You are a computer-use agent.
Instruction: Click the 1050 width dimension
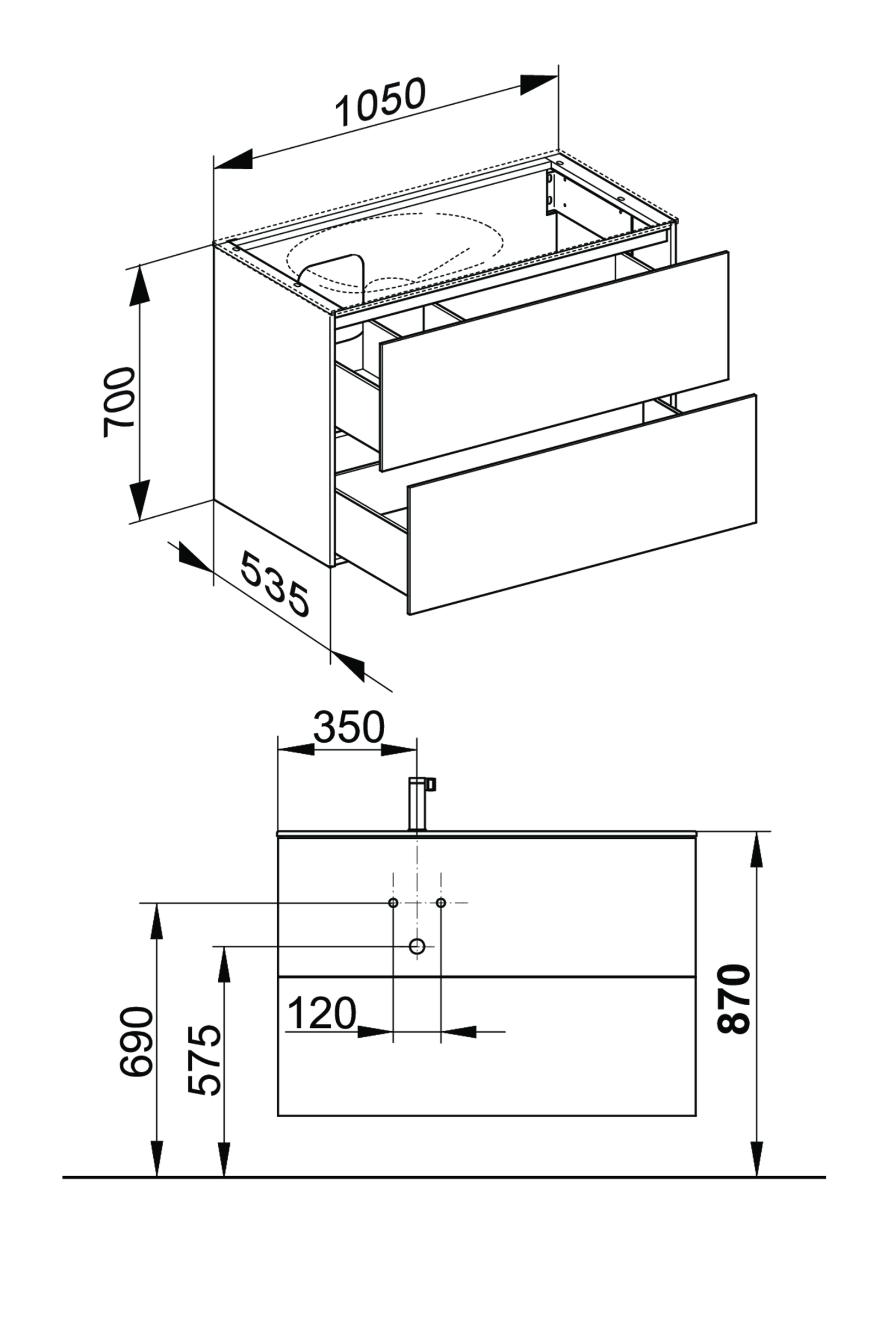click(380, 103)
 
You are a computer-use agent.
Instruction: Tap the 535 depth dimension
click(275, 585)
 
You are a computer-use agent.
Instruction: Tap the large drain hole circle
click(417, 946)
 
